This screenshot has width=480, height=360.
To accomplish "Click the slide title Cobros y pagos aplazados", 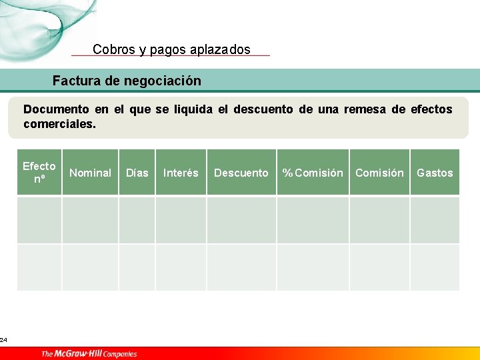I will click(x=171, y=49).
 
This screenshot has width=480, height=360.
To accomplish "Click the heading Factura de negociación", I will click(x=127, y=81).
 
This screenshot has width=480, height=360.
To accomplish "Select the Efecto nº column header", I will click(x=39, y=173).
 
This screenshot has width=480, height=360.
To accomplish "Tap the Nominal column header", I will click(x=90, y=173).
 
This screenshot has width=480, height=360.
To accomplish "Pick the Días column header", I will click(x=137, y=173).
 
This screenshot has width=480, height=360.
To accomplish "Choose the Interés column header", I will click(x=181, y=173).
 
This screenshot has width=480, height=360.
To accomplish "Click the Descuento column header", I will click(x=241, y=173).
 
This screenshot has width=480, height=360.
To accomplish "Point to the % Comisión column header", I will click(x=313, y=173).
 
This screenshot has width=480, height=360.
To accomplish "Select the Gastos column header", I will click(x=435, y=173).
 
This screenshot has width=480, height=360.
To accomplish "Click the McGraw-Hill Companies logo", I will click(x=89, y=353).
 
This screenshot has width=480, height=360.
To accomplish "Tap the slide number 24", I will click(x=4, y=340).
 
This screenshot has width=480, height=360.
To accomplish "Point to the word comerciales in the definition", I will click(x=59, y=124).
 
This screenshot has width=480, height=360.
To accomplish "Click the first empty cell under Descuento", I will click(x=241, y=219).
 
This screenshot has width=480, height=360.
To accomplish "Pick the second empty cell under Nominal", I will click(x=90, y=267).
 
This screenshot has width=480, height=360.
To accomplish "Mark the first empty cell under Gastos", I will click(x=435, y=219).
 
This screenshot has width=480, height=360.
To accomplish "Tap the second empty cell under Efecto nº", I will click(x=39, y=267).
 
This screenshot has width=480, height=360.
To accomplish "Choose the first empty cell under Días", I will click(x=137, y=219).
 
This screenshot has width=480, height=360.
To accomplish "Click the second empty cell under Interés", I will click(x=181, y=267).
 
